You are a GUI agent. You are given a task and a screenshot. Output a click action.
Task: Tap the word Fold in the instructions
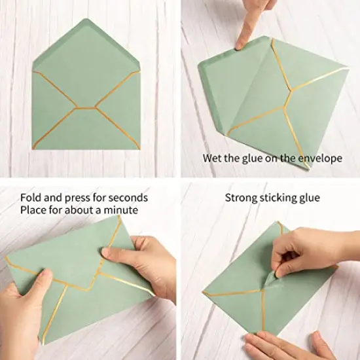click(x=31, y=197)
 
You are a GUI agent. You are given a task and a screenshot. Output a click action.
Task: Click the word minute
click(x=125, y=210)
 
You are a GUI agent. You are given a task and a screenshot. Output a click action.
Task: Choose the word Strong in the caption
click(x=242, y=197)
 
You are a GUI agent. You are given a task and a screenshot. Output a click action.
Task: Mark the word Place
click(x=33, y=210)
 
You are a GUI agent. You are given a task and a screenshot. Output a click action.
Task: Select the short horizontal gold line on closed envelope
click(x=85, y=107)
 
